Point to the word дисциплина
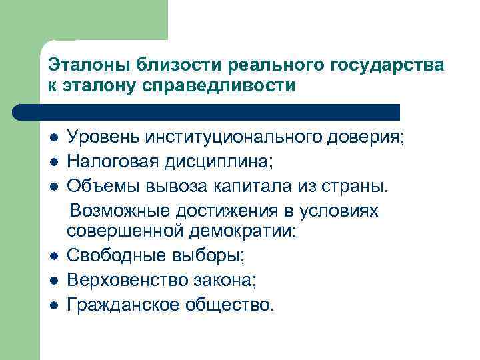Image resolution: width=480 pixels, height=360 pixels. click(x=215, y=162)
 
